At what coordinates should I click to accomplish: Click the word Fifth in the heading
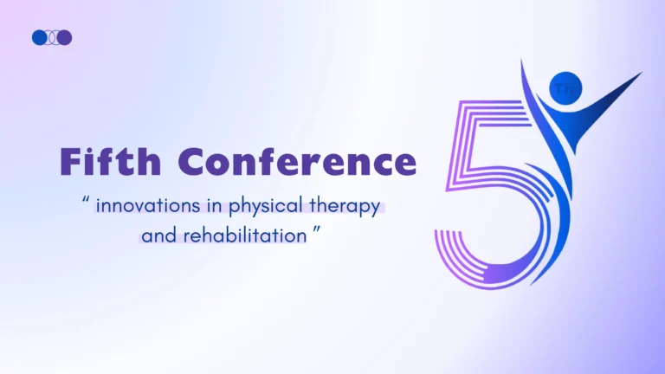(x=111, y=161)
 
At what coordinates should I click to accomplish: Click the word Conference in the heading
(x=297, y=161)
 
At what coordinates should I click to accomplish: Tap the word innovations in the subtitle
(x=148, y=206)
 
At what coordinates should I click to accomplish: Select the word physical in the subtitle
(x=266, y=207)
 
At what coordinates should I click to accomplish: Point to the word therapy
(x=345, y=207)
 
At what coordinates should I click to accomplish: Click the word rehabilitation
(x=245, y=235)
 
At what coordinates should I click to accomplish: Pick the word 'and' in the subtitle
(x=159, y=235)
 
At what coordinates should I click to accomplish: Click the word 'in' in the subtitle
(x=215, y=206)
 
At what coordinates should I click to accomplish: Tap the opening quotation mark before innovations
(x=86, y=198)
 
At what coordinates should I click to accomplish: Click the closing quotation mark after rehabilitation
(x=317, y=229)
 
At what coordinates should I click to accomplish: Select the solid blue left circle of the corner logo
(x=40, y=38)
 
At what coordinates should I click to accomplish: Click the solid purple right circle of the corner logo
(x=64, y=38)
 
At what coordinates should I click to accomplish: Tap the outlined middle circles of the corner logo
(x=52, y=38)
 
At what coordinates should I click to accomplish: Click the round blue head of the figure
(x=565, y=88)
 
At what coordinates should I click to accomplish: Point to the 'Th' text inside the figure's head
(x=564, y=89)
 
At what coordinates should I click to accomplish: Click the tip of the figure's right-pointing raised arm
(x=642, y=73)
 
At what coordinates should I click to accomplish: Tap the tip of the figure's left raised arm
(x=521, y=61)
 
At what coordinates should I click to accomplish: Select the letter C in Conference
(x=192, y=162)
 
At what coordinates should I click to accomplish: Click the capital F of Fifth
(x=71, y=162)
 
